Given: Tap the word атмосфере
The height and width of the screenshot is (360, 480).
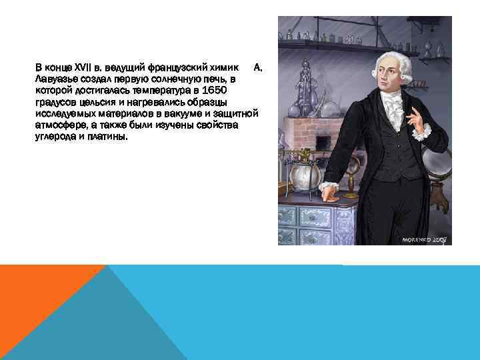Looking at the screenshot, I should [60, 126].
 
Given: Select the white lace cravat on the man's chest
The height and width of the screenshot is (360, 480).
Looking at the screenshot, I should [395, 107].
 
